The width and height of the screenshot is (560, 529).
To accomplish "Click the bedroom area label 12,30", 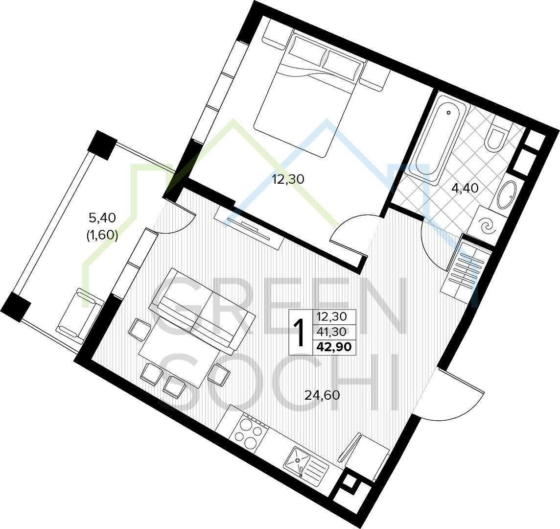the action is tap(288, 179).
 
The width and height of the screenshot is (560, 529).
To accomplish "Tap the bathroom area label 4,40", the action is tap(465, 188).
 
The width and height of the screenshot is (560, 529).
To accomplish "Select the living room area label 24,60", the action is tap(322, 395).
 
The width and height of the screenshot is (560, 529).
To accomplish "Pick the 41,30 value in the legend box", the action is tap(331, 332).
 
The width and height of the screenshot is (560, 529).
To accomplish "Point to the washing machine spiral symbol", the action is tap(487, 225).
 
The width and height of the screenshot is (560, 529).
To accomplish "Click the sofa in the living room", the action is tap(202, 310).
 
